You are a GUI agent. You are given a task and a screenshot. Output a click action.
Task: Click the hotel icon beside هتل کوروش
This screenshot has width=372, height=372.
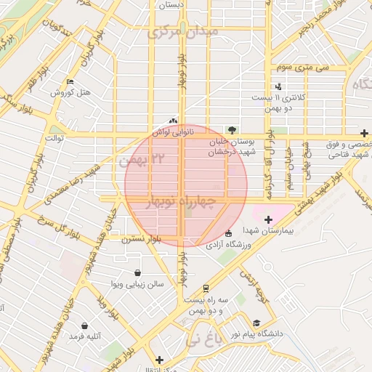click(70, 82)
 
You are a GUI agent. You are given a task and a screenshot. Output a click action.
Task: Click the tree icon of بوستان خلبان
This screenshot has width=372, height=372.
click(232, 130)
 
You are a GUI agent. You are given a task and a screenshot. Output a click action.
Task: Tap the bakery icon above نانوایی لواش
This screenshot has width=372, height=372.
click(173, 121)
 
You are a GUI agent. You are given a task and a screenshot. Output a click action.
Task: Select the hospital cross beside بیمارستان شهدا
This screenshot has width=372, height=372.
click(268, 219)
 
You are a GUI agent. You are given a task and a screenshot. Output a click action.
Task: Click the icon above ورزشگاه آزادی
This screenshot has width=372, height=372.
click(229, 234)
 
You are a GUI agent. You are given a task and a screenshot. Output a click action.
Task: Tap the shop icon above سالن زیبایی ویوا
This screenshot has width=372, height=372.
click(137, 273)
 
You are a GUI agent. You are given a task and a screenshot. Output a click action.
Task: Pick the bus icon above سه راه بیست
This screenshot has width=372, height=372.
click(206, 288)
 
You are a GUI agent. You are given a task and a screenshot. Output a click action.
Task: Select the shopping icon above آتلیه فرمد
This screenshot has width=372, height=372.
click(86, 325)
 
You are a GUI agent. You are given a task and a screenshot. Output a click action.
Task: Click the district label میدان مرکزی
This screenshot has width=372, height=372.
click(182, 33)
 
